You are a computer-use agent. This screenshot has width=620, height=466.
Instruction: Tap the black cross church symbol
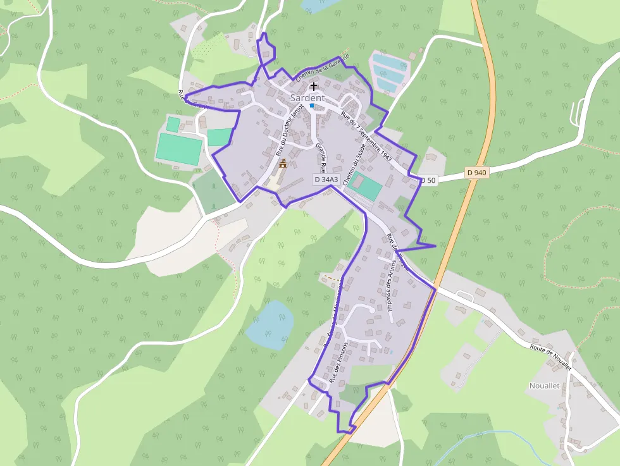click(x=313, y=85)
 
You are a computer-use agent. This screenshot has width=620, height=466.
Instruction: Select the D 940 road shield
click(x=477, y=173)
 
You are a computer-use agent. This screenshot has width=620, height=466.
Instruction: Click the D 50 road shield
click(x=428, y=180)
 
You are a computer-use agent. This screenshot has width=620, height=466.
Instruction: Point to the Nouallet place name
click(x=544, y=386)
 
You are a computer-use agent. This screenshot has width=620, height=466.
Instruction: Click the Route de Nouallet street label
click(x=550, y=358)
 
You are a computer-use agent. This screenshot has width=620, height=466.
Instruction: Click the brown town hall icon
click(x=282, y=164)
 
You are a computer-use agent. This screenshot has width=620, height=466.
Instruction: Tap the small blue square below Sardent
click(x=312, y=106)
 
